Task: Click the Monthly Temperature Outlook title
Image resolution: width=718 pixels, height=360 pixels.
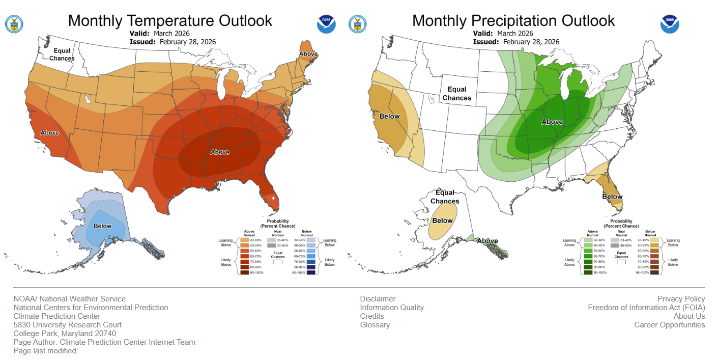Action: pos(170,21)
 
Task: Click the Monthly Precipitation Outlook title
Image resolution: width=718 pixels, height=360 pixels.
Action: pos(513,21)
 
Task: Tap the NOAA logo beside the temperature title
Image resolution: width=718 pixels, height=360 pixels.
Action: pos(326,23)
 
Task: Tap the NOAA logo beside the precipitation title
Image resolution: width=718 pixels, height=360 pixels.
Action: pos(670,23)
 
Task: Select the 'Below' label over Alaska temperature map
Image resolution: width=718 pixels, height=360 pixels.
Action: pos(102,226)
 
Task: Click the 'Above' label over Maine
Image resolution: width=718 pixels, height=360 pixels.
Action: pos(308,54)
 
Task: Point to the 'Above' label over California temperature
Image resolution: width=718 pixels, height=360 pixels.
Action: pos(50,133)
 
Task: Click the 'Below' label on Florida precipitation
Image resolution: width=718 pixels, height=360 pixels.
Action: pos(612,197)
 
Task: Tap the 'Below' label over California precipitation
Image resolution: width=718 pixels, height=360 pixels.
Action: pos(389,117)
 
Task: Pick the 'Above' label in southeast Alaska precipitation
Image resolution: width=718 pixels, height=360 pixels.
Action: pos(487,241)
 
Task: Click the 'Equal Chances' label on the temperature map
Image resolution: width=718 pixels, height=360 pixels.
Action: pos(62,54)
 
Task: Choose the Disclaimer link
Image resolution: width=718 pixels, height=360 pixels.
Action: pos(378,299)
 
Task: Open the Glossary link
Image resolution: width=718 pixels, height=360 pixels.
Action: pos(375,325)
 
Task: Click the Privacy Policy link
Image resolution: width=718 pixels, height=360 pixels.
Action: pos(681,299)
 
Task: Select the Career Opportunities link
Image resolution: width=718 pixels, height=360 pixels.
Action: pos(669,325)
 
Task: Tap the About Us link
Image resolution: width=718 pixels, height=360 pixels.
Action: pos(689,316)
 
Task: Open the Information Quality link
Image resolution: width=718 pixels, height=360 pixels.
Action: pos(392,308)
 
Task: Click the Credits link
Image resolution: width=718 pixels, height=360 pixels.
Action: pos(372,316)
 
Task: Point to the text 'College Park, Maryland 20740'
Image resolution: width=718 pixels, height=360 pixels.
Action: pos(65,334)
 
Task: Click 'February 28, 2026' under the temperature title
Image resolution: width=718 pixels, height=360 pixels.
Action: pos(188,42)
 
